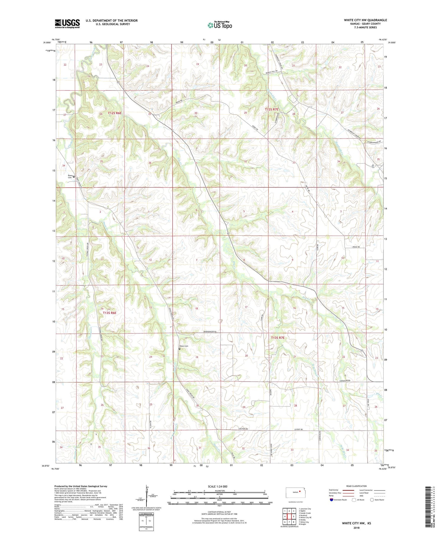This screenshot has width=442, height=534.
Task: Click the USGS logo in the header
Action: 67,24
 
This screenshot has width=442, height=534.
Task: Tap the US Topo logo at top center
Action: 220,25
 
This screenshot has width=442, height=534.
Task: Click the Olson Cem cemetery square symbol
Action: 179,349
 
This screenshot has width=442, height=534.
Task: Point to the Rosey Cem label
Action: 70,176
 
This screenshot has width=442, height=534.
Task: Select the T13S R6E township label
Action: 110,313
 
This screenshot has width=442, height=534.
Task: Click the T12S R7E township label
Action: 271,109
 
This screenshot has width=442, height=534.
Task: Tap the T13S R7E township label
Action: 278,338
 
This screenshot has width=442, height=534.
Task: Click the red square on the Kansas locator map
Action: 300,491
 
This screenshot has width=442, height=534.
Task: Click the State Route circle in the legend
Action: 372,500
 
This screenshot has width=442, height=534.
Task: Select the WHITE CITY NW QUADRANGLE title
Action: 365,20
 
